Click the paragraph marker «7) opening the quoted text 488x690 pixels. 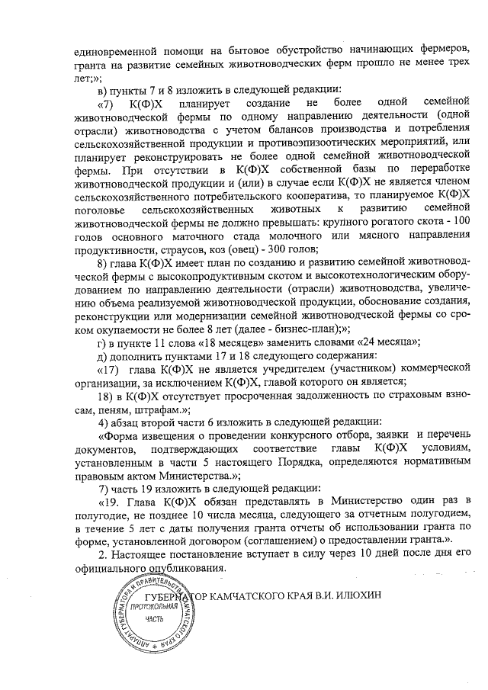(x=107, y=102)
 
